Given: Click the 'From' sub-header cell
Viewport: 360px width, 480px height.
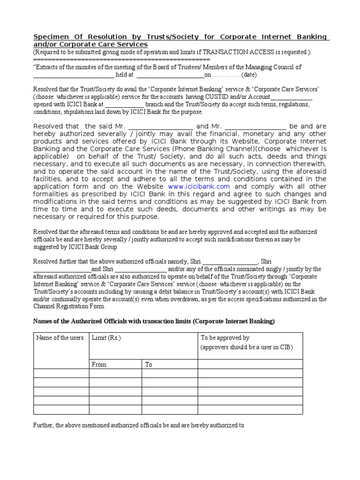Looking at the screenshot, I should pos(99,364).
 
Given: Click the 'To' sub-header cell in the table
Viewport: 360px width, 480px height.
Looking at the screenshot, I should pos(149,364).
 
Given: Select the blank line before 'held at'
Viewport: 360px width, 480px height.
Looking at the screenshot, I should pos(74,75).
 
